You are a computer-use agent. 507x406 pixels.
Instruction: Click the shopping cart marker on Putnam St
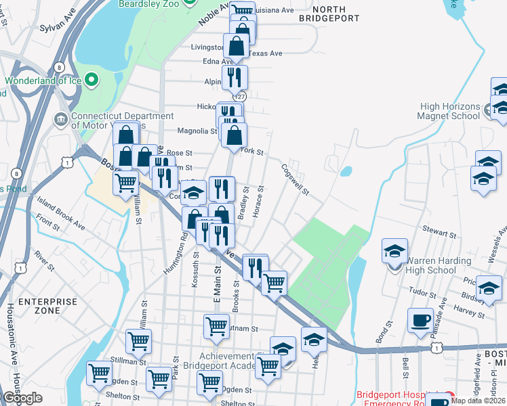(x=216, y=326)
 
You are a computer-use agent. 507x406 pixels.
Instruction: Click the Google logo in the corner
(x=22, y=397)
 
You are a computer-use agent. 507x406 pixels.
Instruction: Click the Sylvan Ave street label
(x=57, y=25)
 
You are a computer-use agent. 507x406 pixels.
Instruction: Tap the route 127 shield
(x=240, y=96)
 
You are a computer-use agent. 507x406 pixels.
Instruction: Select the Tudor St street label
(x=422, y=291)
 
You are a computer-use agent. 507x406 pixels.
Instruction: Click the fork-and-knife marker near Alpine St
(x=235, y=77)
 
